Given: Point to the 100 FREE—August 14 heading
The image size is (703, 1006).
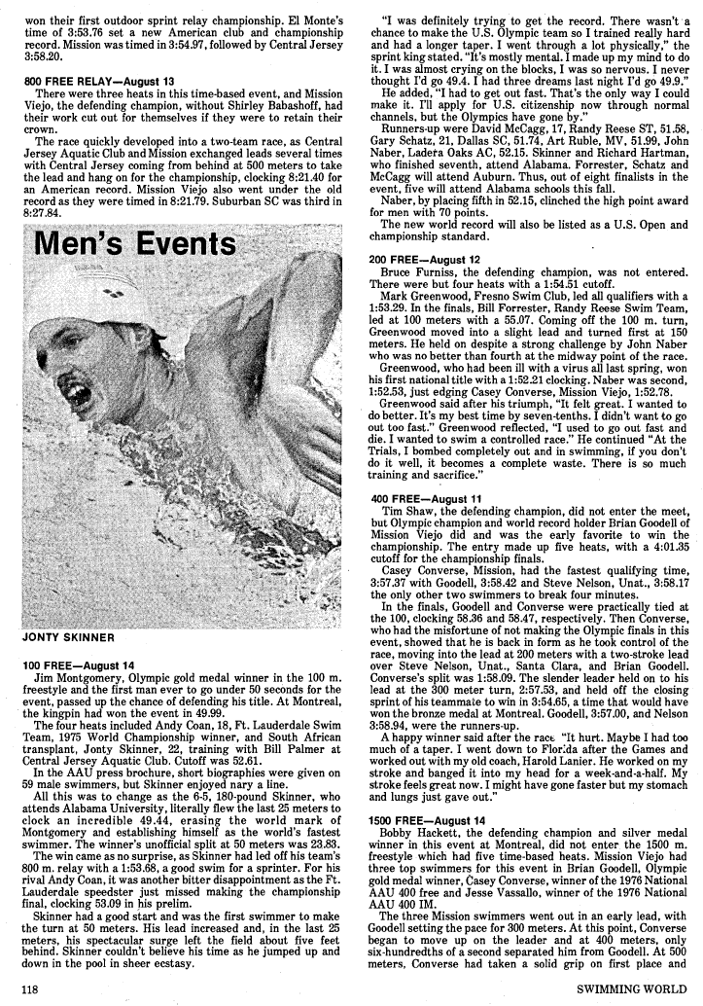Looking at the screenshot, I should [x=78, y=665].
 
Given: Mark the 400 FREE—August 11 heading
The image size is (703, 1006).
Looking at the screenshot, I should [x=425, y=498].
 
